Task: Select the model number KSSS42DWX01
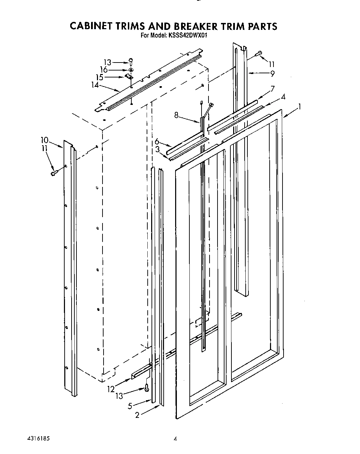[188, 35]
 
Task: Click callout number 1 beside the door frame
[299, 107]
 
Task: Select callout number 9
[272, 74]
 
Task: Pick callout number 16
[104, 70]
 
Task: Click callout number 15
[99, 77]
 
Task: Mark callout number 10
[44, 140]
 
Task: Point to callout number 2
[137, 415]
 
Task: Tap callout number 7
[273, 89]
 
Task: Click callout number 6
[157, 141]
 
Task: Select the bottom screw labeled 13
[147, 386]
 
